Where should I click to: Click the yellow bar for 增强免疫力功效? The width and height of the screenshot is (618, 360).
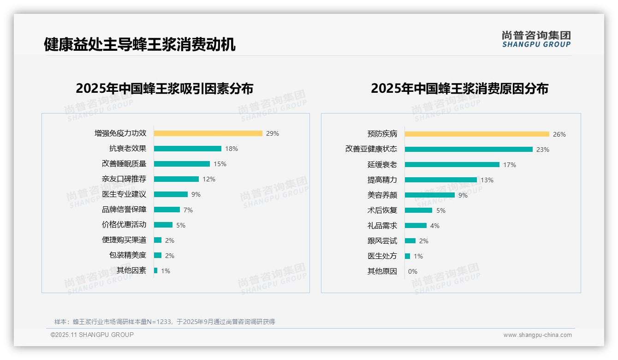click(208, 133)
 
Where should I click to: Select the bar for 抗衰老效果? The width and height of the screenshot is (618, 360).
click(188, 149)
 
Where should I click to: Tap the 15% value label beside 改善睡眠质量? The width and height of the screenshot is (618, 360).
click(220, 164)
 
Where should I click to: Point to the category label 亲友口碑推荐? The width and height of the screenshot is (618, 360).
click(124, 179)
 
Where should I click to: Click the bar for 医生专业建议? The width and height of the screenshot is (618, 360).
click(171, 194)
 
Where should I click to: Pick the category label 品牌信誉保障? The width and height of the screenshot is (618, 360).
click(124, 210)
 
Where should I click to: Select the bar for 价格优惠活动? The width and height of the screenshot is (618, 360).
click(163, 225)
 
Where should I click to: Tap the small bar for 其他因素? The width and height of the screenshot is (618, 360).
click(156, 270)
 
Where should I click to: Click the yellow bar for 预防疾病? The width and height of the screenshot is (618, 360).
click(477, 134)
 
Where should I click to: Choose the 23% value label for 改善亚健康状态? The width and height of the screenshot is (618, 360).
click(543, 150)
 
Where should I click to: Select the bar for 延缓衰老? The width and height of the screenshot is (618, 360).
click(452, 165)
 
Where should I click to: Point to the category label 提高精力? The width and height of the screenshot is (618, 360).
click(382, 180)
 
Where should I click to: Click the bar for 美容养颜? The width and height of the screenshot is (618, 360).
click(430, 195)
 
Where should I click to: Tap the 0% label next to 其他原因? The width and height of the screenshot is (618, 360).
click(413, 271)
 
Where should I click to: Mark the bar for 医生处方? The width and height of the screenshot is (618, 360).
click(408, 256)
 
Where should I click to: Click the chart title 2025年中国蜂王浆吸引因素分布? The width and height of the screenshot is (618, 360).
click(165, 89)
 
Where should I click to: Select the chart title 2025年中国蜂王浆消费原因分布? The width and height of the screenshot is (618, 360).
click(459, 89)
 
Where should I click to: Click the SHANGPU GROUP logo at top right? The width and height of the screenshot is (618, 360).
click(536, 39)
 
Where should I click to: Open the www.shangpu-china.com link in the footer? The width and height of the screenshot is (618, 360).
click(537, 335)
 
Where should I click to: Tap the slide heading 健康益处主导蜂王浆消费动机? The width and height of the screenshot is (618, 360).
click(140, 45)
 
